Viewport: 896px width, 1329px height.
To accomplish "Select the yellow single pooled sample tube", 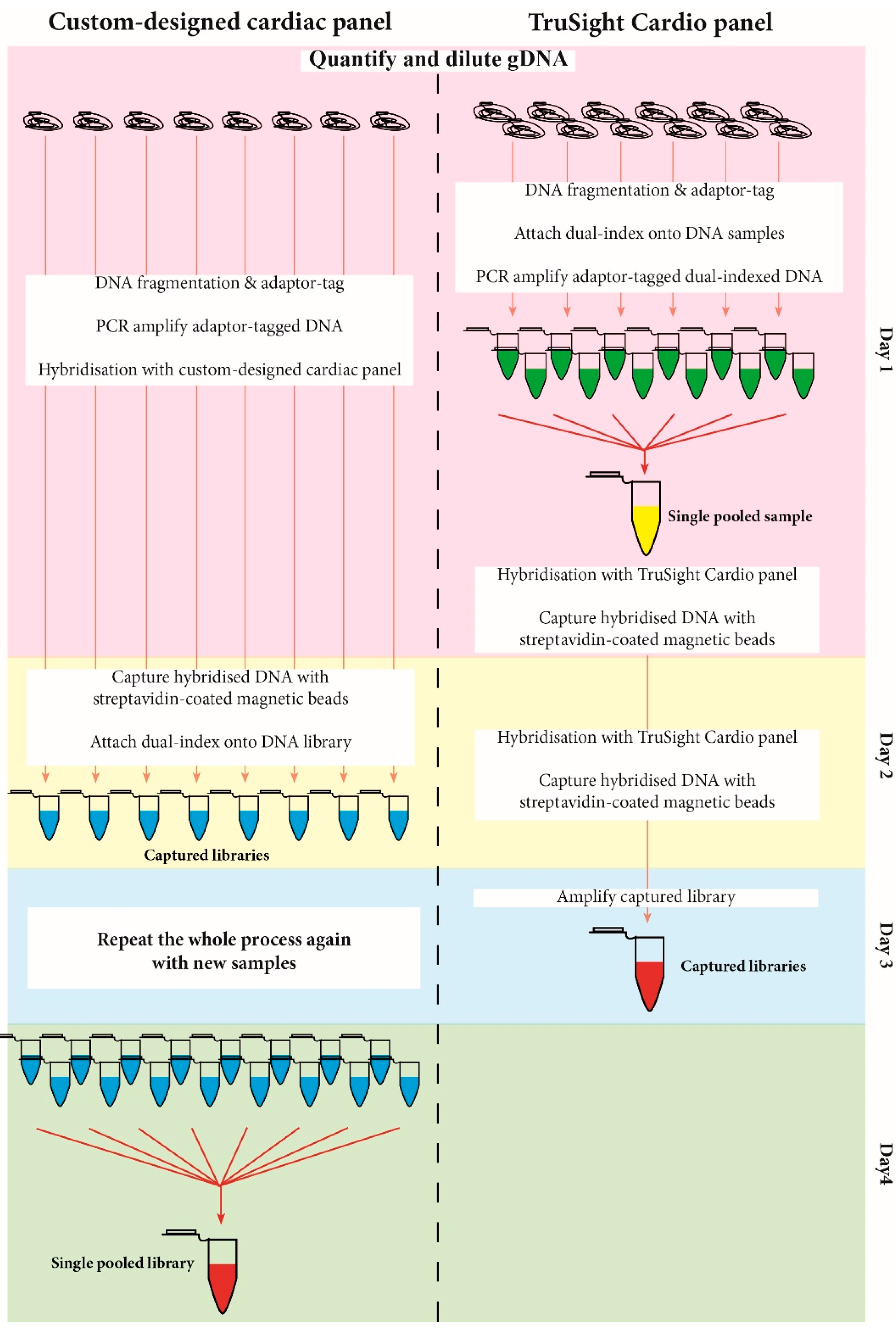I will [646, 523].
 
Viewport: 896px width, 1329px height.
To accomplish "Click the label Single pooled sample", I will [739, 516].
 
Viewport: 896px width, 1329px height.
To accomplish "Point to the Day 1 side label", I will [884, 349].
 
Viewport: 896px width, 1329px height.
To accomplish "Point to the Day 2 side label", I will [884, 755].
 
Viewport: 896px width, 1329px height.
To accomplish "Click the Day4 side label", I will [884, 1163].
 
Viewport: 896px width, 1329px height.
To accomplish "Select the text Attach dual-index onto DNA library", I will [221, 742].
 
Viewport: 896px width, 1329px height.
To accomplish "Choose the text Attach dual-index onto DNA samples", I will [649, 233].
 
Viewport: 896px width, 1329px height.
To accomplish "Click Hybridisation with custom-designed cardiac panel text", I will [220, 369].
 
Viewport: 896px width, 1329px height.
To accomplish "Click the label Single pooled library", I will [122, 1263].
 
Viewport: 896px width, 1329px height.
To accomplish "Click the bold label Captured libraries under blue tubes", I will [206, 855].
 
